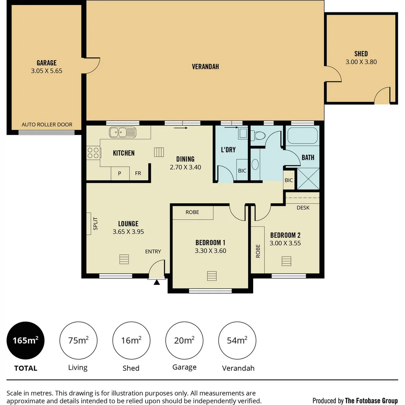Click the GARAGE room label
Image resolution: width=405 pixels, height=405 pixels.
coord(46,63)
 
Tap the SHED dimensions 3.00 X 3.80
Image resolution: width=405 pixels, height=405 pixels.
coord(361,62)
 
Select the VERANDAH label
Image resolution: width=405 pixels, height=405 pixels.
coord(205,67)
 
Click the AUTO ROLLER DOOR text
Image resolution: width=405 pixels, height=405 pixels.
coord(47,124)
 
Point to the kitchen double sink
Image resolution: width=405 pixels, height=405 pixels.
coord(123,132)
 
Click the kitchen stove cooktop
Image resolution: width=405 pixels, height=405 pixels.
coord(93,153)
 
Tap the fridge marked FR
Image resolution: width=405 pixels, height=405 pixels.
coord(138,173)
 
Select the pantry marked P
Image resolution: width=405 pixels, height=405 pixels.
coord(120,173)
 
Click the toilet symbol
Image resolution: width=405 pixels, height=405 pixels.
coord(258,135)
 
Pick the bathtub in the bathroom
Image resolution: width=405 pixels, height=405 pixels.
coord(302,136)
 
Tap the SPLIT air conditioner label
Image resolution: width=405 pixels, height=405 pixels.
coord(95,224)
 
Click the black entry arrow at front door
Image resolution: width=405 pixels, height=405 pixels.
coord(157,282)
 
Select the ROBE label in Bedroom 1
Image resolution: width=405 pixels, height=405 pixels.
coord(192,212)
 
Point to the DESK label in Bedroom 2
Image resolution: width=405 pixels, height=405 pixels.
coord(303,207)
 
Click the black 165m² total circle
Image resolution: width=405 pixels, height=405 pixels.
coord(25,340)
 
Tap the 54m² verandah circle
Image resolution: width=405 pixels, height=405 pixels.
coord(237,340)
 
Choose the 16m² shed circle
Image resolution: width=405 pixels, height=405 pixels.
coord(131,340)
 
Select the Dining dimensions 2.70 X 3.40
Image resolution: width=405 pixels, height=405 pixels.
coord(185,167)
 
